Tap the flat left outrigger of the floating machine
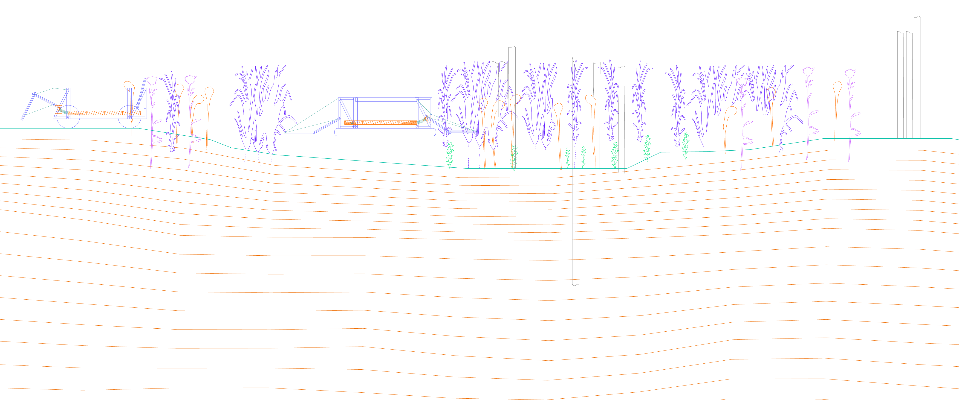coord(300,132)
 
